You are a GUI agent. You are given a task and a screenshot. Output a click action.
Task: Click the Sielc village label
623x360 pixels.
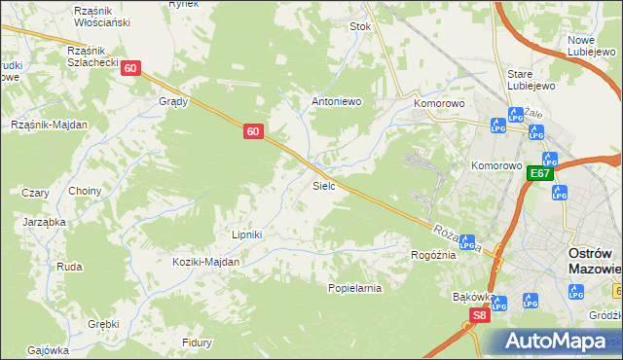[324, 185]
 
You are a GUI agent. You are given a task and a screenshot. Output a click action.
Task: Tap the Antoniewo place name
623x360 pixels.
[336, 100]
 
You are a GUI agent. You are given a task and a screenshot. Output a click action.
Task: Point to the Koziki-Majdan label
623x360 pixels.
[205, 262]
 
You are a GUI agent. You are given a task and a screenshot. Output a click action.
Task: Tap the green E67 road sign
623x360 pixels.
[540, 174]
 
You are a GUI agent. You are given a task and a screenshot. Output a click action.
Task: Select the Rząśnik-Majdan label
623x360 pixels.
[49, 125]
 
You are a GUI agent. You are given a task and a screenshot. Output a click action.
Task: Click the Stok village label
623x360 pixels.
[361, 27]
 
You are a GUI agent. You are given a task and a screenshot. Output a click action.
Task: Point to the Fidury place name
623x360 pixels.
[198, 342]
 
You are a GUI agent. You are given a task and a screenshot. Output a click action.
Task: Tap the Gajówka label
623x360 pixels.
[48, 350]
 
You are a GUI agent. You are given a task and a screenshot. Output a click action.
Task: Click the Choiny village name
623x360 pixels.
[85, 191]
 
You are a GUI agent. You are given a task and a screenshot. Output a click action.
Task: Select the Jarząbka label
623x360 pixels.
[45, 222]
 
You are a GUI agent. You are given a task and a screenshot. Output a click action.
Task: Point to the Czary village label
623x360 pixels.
[35, 193]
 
